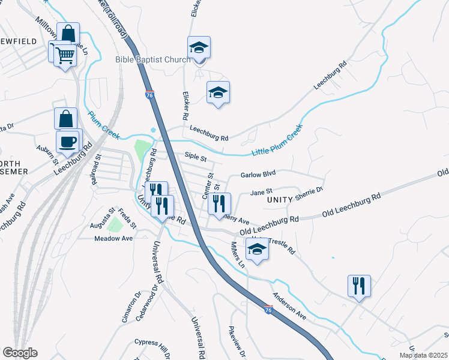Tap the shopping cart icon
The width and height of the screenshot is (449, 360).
point(65,56)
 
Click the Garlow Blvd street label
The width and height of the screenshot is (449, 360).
point(258,174)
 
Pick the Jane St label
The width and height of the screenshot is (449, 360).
point(257,192)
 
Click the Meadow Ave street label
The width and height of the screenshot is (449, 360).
point(113,238)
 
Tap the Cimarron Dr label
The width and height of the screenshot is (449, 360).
point(130,308)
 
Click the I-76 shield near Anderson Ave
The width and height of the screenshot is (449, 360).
point(268,309)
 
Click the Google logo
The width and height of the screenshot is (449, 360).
point(20,353)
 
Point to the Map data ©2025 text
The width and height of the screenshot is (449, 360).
point(423,355)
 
